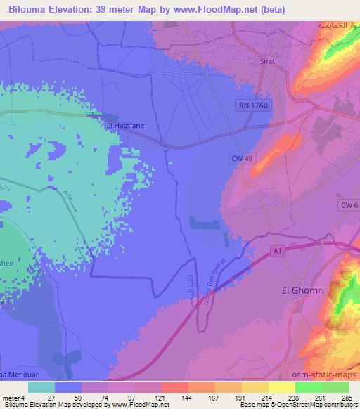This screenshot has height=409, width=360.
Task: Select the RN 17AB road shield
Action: [x=253, y=103]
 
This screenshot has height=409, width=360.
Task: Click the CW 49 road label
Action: [x=241, y=159]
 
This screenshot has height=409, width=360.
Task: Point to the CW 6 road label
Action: [x=349, y=204]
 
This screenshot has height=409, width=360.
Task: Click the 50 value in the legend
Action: [x=69, y=397]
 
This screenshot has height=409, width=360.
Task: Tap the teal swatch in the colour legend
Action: [x=42, y=387]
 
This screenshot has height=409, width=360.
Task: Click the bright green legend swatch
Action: [x=309, y=387]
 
